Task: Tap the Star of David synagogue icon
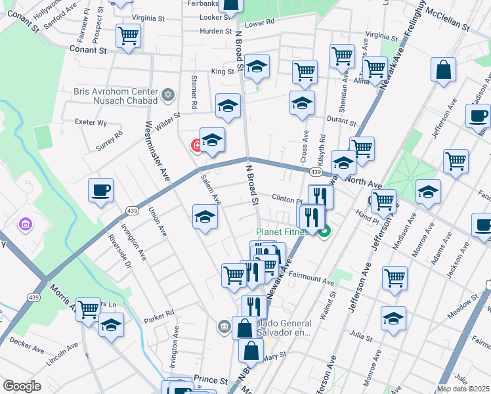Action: click(168, 96)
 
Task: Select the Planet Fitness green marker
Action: click(324, 231)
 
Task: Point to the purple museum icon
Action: click(26, 225)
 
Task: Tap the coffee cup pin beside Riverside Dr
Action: click(101, 190)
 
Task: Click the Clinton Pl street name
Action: click(287, 199)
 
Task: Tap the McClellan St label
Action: click(448, 20)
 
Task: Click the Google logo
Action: click(22, 386)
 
